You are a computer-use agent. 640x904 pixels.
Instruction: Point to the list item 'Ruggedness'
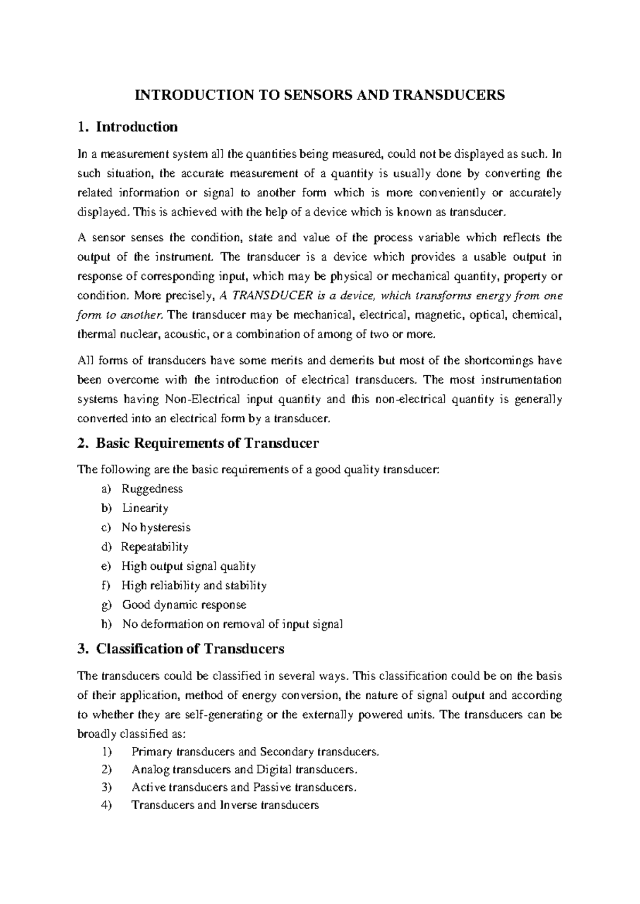pos(152,489)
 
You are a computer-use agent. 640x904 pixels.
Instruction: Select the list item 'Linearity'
pos(145,508)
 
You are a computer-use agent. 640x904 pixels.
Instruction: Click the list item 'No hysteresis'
pos(156,528)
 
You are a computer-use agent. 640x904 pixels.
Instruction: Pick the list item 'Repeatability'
pos(155,547)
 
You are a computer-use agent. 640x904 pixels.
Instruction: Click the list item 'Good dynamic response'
pos(184,605)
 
